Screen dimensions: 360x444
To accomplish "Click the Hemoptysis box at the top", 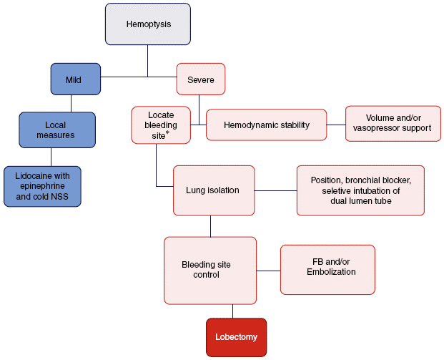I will pos(148,24).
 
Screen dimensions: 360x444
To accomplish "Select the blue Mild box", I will pos(74,79).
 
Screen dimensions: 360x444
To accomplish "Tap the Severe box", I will pos(201,79).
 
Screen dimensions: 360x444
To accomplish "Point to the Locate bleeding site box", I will pos(161,125).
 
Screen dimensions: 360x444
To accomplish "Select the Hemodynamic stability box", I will pos(266,125).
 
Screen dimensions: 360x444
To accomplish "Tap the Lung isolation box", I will pos(214,190).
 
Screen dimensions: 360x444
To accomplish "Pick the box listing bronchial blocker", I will pos(360,190).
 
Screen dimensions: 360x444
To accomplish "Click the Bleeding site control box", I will pos(210,270).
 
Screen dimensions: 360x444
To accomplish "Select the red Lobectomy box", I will pos(236,336).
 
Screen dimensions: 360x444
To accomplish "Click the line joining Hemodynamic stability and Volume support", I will pos(336,125).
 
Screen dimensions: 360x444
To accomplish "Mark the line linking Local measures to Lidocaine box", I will pos(51,157).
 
